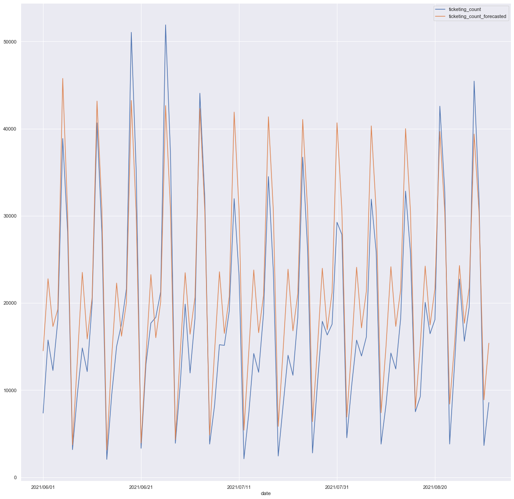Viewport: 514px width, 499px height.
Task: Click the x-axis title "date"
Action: click(266, 493)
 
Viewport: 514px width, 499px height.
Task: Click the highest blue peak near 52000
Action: click(166, 25)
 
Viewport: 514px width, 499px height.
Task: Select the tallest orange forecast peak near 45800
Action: click(63, 78)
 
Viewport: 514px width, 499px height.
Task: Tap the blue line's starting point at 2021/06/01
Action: click(43, 413)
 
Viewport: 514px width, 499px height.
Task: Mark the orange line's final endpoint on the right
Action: click(489, 343)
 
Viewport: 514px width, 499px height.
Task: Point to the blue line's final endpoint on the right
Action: click(489, 403)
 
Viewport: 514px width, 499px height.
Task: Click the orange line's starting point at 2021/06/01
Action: click(43, 351)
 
